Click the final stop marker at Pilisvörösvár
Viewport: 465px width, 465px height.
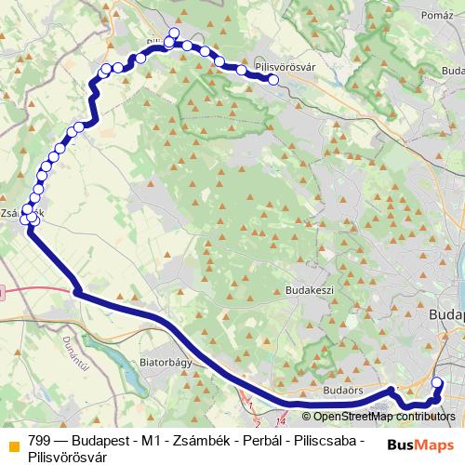coord(274,80)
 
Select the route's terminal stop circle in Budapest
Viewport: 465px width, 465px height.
coord(439,382)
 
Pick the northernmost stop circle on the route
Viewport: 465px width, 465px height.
coord(172,34)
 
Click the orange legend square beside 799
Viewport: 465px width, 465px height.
coord(11,443)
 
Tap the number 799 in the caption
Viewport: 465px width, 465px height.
coord(40,442)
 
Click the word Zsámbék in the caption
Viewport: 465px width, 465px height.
coord(196,442)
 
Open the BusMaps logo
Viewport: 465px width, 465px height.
coord(420,444)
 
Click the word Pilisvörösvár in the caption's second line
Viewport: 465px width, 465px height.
coord(68,457)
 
